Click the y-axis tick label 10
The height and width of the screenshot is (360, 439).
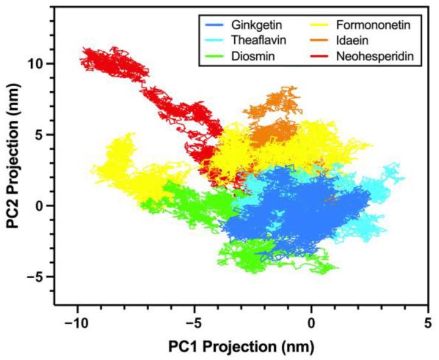37,64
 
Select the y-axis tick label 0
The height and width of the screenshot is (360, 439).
42,206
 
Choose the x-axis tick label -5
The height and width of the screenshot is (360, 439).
194,321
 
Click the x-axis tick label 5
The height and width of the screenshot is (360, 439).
428,321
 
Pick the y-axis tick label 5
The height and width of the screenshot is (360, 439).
42,134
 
